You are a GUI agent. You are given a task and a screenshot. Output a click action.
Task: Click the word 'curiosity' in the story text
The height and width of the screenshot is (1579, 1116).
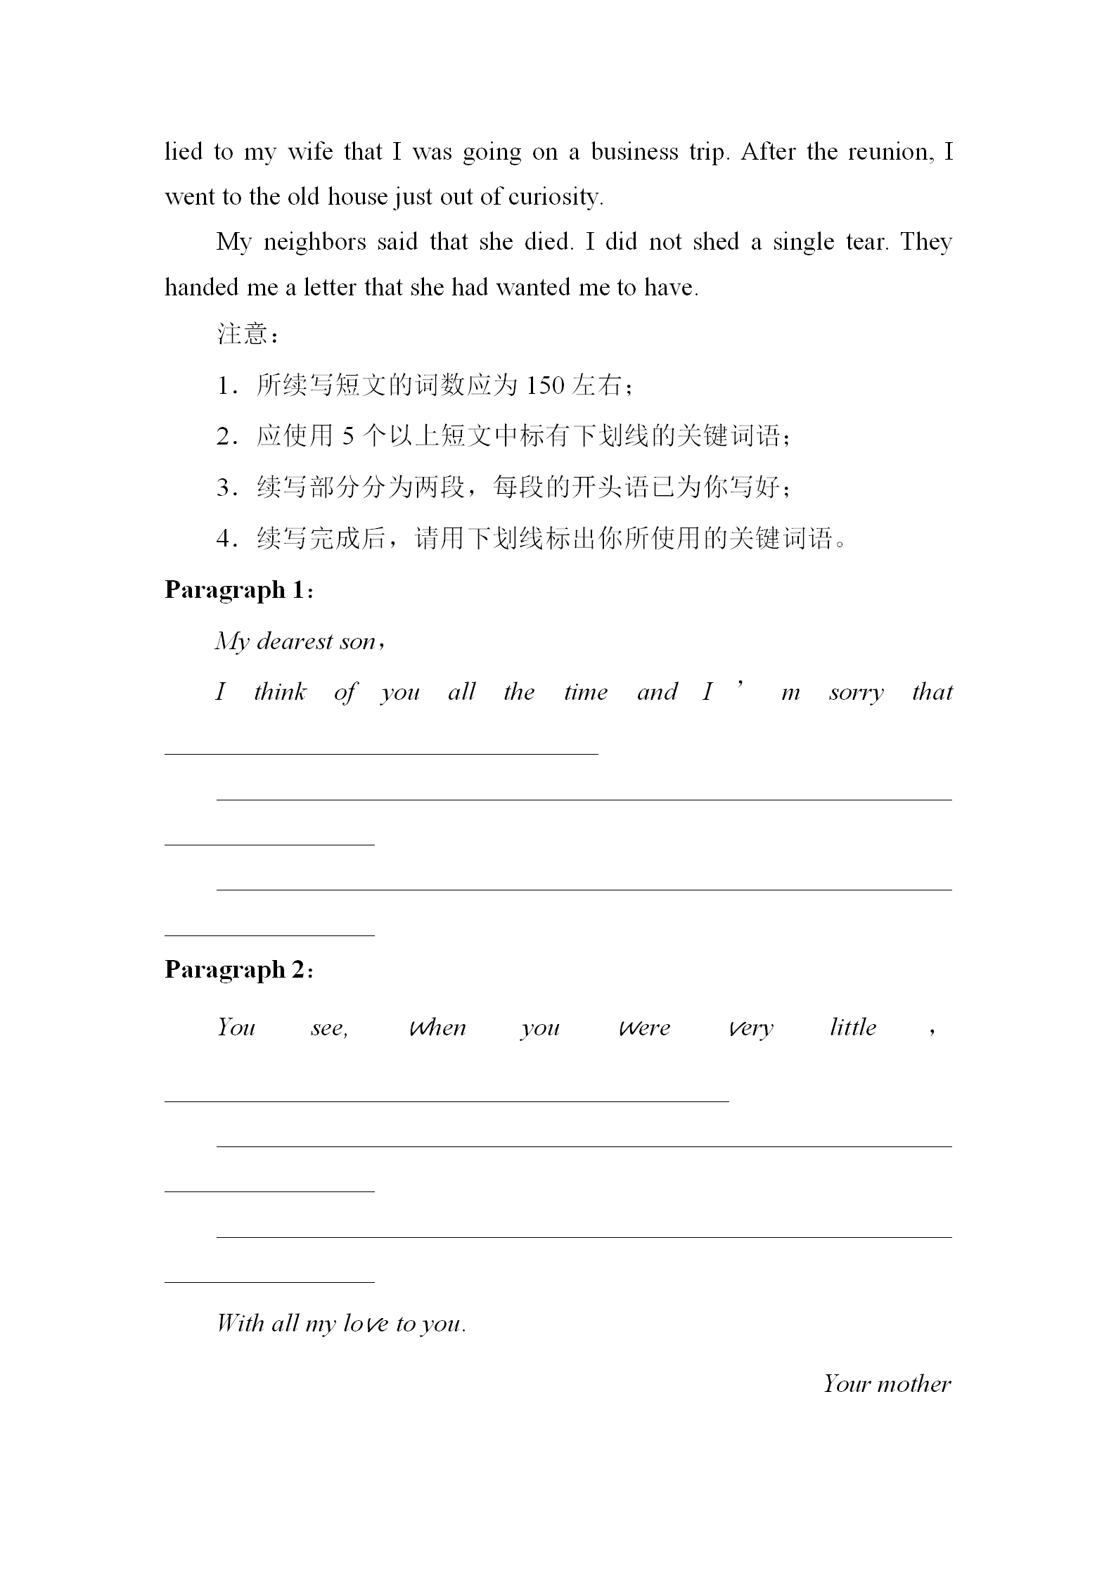pos(555,198)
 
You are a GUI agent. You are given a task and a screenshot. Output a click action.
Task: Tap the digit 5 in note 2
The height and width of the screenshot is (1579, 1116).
pos(348,437)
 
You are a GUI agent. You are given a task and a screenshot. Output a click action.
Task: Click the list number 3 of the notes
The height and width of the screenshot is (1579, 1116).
pos(224,487)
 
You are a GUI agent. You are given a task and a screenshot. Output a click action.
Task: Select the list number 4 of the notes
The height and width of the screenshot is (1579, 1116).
pos(224,539)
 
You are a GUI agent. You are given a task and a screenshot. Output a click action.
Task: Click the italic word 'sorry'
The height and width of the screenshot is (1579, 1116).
pos(856,693)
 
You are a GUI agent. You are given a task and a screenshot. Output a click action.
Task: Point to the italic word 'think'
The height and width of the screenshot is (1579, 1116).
pos(280,692)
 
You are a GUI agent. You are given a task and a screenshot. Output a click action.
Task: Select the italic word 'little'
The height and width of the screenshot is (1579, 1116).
pos(853,1028)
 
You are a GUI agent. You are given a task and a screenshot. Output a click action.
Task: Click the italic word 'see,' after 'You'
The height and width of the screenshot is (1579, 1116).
pos(329,1028)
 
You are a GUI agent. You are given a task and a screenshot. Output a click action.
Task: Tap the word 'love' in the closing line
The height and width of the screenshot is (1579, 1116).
pos(365,1324)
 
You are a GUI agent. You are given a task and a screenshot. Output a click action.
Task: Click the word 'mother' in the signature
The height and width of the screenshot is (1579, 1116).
pos(914,1384)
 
